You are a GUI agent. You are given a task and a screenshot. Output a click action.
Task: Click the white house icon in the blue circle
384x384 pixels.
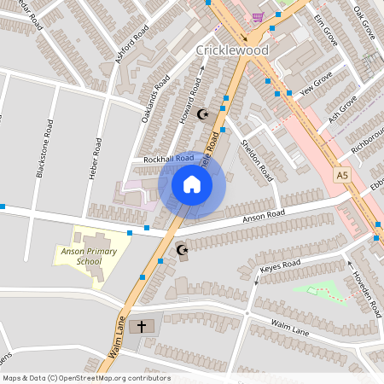click(x=191, y=184)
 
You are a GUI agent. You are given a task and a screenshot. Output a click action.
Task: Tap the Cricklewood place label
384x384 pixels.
click(x=232, y=50)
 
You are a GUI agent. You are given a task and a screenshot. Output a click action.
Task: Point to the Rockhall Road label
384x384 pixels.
click(x=169, y=159)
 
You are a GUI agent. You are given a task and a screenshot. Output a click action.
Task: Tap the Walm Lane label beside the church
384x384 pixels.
click(x=288, y=323)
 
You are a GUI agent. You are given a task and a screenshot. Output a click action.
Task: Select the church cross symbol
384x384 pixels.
click(x=143, y=326)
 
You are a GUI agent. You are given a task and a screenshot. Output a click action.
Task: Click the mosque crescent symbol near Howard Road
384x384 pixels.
click(x=202, y=113)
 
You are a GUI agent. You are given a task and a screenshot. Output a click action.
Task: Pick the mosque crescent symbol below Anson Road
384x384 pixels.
click(x=181, y=249)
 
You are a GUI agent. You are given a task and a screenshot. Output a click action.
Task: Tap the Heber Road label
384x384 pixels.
click(x=96, y=151)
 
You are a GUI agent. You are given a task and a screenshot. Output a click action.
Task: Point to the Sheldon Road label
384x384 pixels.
click(x=256, y=160)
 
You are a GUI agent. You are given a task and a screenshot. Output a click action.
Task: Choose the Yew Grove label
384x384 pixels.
click(x=317, y=87)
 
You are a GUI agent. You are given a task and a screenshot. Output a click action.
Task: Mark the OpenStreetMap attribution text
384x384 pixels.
click(x=86, y=378)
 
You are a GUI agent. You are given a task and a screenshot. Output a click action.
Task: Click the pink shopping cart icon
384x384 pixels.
click(x=259, y=16)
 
